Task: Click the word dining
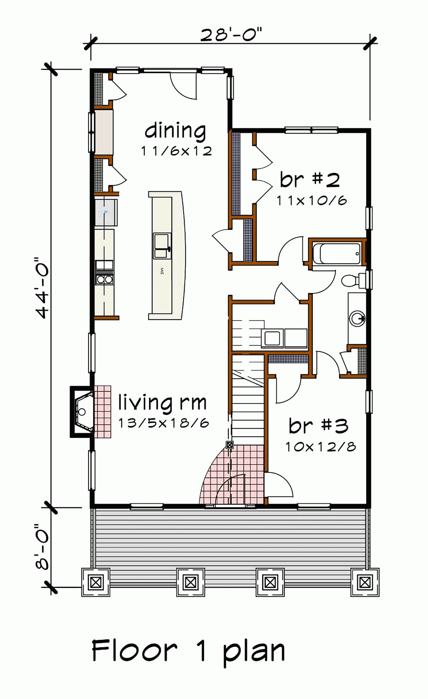point(175,131)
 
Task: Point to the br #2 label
point(310,180)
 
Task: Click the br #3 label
point(318,426)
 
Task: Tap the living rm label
point(162,403)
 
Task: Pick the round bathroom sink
point(357,318)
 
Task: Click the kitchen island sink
point(162,245)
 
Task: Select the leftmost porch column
point(96,583)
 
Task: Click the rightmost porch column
point(365,583)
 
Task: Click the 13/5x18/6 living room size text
point(163,423)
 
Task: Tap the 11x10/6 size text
point(312,201)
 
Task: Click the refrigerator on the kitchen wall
point(106,212)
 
